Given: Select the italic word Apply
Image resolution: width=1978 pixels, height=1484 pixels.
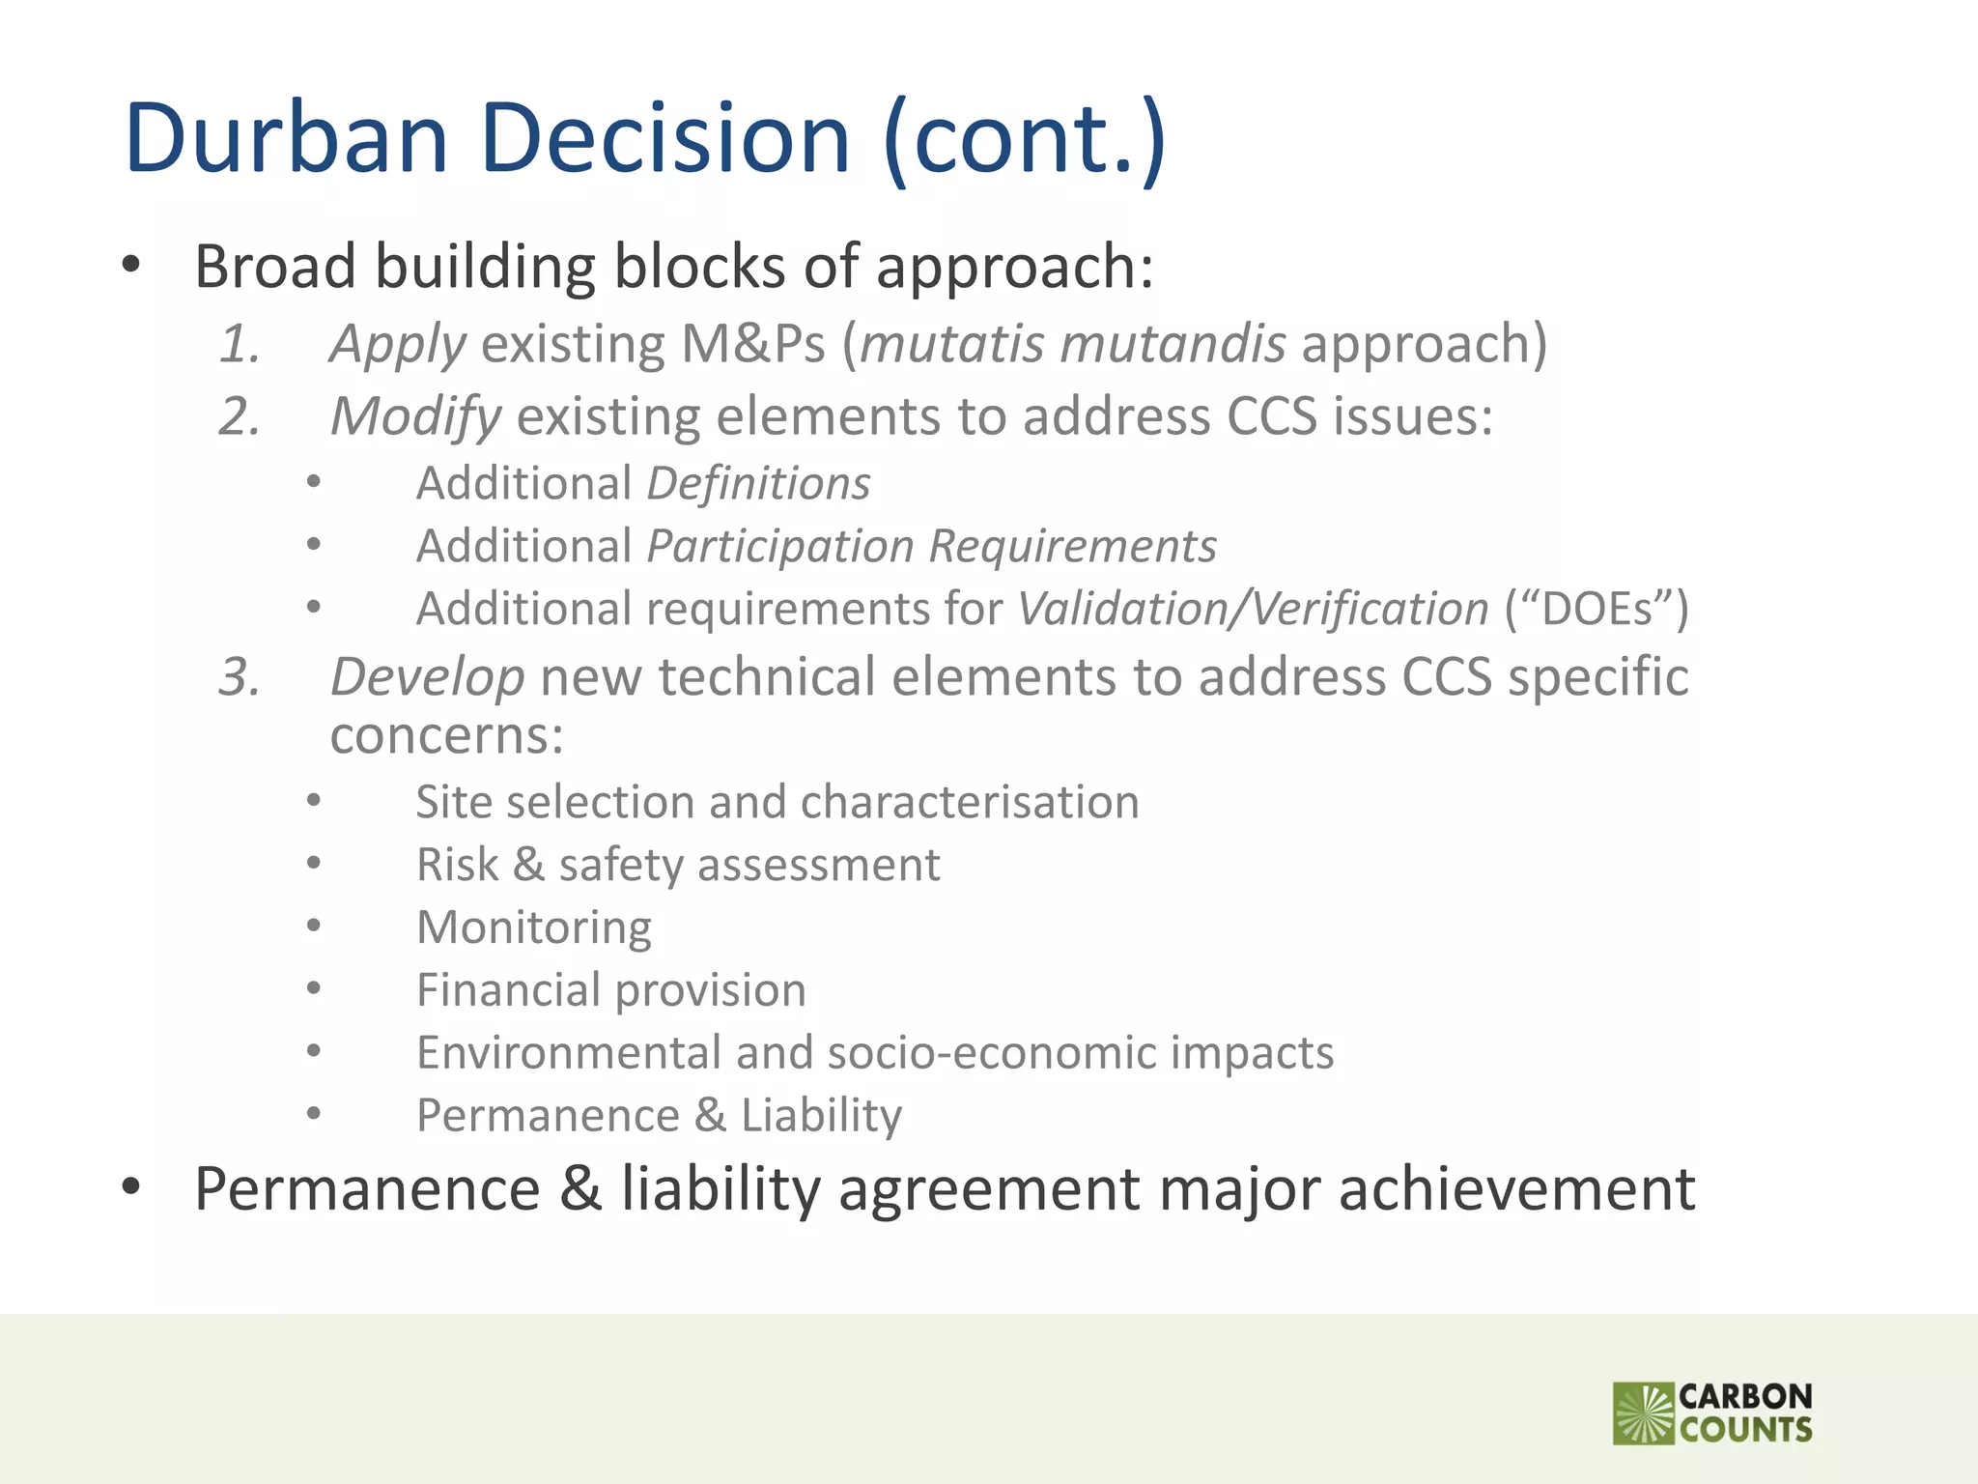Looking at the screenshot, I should click(x=398, y=345).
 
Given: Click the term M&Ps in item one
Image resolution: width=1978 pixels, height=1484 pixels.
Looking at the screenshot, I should click(x=753, y=344).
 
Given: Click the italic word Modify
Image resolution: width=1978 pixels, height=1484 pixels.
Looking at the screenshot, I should click(x=415, y=417).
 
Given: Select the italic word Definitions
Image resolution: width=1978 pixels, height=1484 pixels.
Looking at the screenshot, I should click(x=758, y=483).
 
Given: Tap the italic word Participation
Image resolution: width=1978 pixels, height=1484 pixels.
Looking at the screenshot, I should click(x=780, y=547).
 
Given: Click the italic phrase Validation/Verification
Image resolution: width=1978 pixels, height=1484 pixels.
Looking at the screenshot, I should click(x=1253, y=609).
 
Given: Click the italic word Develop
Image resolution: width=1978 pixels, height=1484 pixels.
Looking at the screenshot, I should click(x=427, y=676).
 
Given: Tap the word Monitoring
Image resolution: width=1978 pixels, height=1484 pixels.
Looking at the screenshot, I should click(x=534, y=927).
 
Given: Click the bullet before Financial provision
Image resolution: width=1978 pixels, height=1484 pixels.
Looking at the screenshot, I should click(x=313, y=988).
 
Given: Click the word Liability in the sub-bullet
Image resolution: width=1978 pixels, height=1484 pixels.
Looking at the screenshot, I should click(x=821, y=1115).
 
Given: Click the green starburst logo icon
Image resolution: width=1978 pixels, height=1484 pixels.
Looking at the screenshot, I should click(x=1643, y=1413).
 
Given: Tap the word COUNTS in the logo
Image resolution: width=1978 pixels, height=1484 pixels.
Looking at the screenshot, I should click(x=1745, y=1430).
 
